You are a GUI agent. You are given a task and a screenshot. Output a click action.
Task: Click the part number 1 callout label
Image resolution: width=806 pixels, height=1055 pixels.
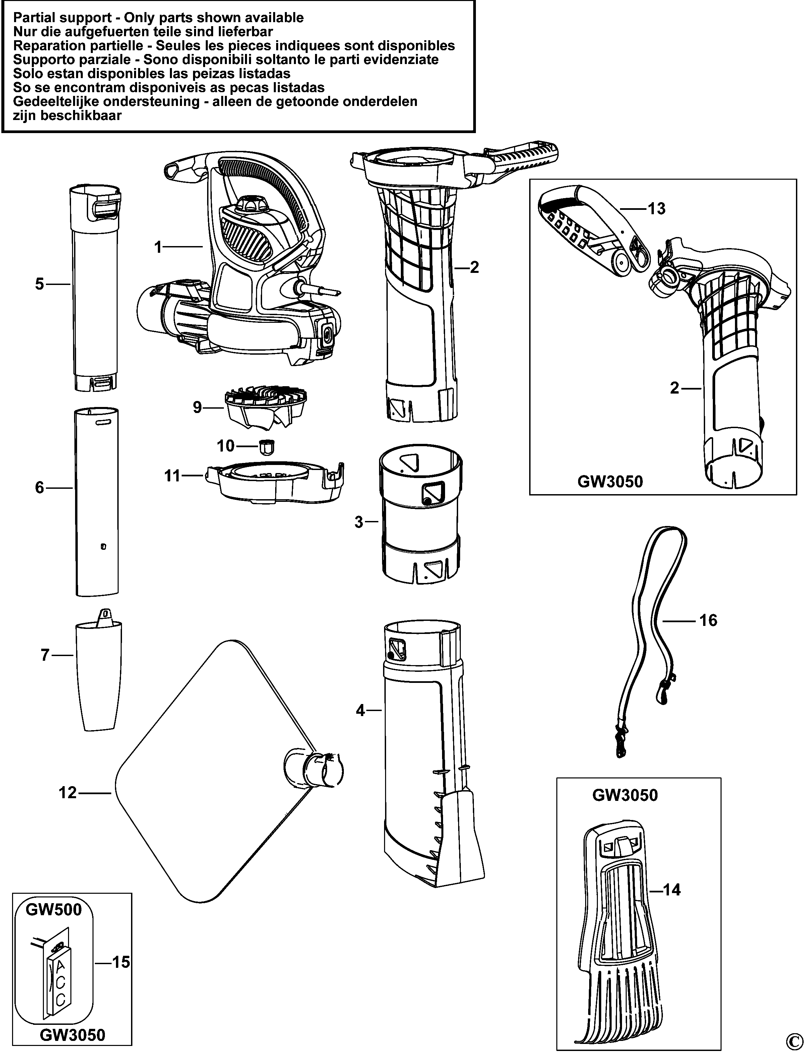[158, 248]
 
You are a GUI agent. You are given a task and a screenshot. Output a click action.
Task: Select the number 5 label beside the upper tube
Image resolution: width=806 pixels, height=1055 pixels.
[39, 284]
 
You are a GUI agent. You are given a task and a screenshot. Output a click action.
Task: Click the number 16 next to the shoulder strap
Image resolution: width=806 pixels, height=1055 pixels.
[708, 620]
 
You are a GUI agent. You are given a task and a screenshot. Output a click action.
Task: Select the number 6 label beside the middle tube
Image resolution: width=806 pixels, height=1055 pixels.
[39, 488]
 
